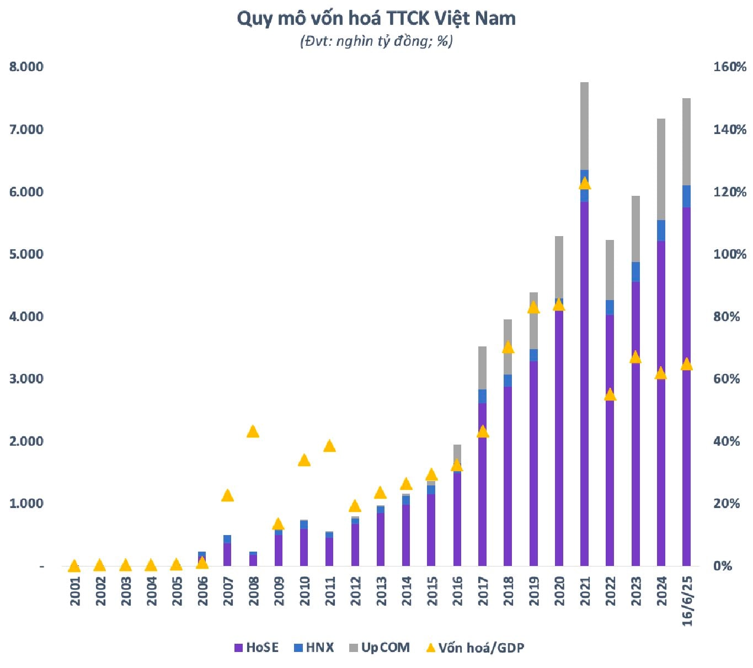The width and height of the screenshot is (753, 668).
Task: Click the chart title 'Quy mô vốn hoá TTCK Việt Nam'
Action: click(376, 19)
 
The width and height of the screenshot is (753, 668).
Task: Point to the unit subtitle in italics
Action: click(376, 41)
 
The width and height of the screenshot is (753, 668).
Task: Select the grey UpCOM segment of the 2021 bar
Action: click(584, 126)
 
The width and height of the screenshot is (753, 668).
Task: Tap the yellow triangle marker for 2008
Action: click(253, 431)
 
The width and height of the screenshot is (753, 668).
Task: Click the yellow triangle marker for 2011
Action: click(329, 446)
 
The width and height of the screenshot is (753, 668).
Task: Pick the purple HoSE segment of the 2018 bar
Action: click(508, 474)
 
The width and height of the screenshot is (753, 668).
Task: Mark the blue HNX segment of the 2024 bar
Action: click(661, 231)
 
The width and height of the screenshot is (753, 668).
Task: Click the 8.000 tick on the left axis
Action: click(26, 67)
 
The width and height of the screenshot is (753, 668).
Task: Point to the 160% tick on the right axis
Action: click(729, 67)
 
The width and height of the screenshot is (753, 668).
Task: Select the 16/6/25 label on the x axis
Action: click(687, 601)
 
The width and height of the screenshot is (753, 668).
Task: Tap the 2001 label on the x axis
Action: click(75, 591)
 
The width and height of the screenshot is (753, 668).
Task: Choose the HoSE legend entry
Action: click(257, 648)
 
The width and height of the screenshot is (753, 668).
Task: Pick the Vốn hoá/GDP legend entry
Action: click(475, 648)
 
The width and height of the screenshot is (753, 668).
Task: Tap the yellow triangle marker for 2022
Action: click(610, 394)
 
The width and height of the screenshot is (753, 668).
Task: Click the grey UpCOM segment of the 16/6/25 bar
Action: click(686, 142)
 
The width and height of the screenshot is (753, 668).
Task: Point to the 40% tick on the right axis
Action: click(726, 441)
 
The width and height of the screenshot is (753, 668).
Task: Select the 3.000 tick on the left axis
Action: click(26, 379)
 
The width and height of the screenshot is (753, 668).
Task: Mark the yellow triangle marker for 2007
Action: click(227, 495)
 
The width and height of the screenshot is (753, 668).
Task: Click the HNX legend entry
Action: click(314, 648)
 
